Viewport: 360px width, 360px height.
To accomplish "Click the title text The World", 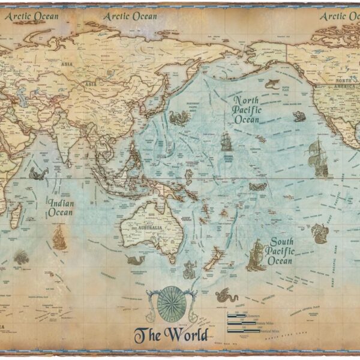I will pos(172,334).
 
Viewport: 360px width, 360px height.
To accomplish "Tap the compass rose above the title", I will pos(172,304).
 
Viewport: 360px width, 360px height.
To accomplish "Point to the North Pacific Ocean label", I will pos(247,110).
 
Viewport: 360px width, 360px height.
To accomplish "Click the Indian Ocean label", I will pos(62,208).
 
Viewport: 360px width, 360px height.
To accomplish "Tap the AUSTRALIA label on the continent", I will pos(151,229).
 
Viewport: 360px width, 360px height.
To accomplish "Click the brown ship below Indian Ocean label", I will pos(59,238).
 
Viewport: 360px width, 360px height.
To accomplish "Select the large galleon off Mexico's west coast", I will pos(319,157).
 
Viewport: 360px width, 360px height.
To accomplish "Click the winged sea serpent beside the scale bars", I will pos(227,295).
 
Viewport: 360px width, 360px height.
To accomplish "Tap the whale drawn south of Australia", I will pos(134,260).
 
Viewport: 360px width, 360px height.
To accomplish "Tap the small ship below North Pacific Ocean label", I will pos(226,142).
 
